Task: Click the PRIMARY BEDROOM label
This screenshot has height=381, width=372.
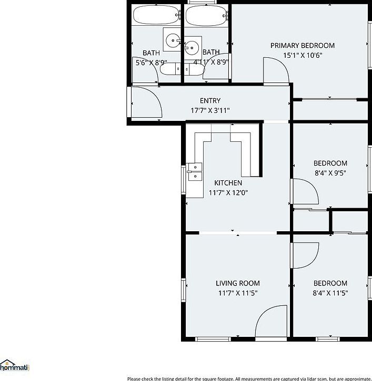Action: (x=302, y=46)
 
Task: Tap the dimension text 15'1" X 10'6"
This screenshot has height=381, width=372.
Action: (x=302, y=55)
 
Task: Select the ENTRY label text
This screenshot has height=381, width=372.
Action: (x=210, y=101)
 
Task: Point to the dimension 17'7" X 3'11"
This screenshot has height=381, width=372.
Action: (x=210, y=110)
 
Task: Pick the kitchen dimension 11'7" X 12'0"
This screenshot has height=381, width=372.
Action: (x=228, y=193)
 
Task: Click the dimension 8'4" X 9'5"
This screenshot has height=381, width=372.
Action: (x=330, y=172)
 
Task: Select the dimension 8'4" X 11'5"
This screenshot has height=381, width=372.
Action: (x=330, y=293)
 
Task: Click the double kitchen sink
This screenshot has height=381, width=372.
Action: (x=195, y=172)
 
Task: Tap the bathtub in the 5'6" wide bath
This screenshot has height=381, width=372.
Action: (x=155, y=15)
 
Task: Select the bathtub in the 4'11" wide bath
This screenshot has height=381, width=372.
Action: (x=206, y=15)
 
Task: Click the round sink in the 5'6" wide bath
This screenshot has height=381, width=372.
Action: (x=172, y=40)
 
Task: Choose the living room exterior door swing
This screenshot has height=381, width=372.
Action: (x=269, y=323)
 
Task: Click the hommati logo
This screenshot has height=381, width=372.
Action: (x=15, y=366)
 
